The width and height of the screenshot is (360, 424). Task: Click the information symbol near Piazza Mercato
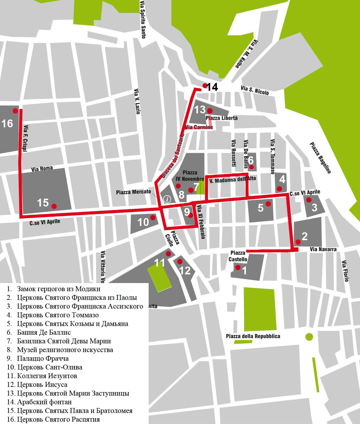click(x=168, y=199)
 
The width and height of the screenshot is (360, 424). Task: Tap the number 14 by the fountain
click(x=212, y=87)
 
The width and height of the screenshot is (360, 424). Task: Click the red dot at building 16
click(x=15, y=110)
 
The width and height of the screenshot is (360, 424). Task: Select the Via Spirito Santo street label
click(x=143, y=19)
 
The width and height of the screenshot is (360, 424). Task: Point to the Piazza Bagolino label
click(x=320, y=158)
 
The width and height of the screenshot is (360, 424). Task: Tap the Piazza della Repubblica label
click(x=253, y=336)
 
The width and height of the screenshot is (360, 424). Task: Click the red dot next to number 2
click(x=298, y=242)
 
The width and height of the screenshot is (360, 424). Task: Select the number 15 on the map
click(x=43, y=202)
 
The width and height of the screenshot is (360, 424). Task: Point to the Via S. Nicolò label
click(x=255, y=90)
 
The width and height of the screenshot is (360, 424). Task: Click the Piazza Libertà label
click(x=222, y=118)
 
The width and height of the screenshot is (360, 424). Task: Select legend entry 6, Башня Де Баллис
click(x=44, y=332)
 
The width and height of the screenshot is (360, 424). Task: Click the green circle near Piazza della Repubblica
click(x=309, y=337)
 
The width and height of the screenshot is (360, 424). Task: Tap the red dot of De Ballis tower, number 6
click(x=252, y=167)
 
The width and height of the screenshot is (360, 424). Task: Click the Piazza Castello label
click(x=238, y=256)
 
